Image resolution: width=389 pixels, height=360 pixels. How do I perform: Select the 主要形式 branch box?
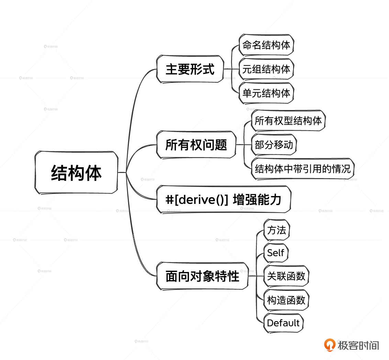(x=190, y=69)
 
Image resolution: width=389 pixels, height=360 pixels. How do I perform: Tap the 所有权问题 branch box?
(x=196, y=145)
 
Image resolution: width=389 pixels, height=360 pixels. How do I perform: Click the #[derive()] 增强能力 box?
(x=224, y=199)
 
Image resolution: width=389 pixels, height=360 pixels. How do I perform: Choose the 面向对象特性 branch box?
(x=202, y=276)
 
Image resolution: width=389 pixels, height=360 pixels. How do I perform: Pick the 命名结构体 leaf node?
(x=266, y=45)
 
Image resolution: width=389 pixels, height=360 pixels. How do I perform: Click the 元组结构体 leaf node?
(x=266, y=69)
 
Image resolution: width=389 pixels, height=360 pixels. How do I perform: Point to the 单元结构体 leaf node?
(x=266, y=93)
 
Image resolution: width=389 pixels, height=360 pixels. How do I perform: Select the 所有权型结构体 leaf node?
(x=288, y=121)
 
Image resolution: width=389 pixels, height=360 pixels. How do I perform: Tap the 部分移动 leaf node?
(x=274, y=145)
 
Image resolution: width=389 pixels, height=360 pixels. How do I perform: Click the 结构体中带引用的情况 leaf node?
(x=303, y=169)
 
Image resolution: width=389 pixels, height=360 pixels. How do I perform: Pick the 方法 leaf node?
(x=277, y=230)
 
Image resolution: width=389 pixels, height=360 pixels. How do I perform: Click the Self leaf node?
(x=276, y=253)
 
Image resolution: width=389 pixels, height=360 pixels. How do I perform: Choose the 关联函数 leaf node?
(x=286, y=276)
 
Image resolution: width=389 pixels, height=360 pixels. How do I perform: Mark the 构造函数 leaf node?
(x=286, y=300)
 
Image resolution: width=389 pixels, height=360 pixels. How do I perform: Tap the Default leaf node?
(x=284, y=323)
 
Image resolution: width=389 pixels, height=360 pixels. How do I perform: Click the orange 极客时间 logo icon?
(x=330, y=345)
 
